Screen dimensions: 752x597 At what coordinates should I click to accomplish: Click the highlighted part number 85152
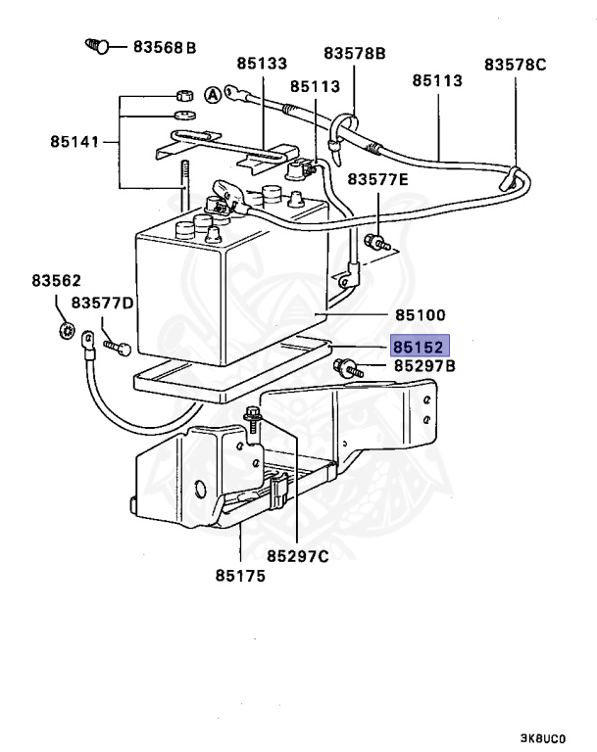pyautogui.click(x=420, y=347)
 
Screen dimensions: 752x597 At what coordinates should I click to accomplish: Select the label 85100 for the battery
pyautogui.click(x=420, y=315)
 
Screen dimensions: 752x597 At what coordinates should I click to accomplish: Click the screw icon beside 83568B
pyautogui.click(x=95, y=45)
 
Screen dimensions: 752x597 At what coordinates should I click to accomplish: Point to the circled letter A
pyautogui.click(x=212, y=95)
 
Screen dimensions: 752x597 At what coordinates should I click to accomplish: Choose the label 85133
pyautogui.click(x=261, y=64)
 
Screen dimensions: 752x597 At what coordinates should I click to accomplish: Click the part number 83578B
pyautogui.click(x=354, y=52)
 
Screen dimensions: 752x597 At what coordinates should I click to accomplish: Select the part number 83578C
pyautogui.click(x=516, y=65)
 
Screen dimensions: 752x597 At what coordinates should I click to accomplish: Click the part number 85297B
pyautogui.click(x=424, y=366)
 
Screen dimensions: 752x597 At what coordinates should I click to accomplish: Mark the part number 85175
pyautogui.click(x=241, y=575)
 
